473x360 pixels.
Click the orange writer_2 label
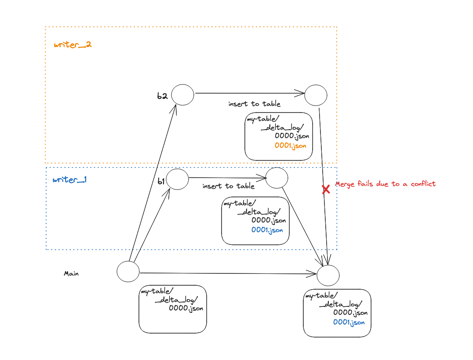point(73,45)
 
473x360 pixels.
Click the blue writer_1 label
point(69,180)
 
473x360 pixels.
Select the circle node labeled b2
point(182,95)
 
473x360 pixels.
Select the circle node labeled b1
point(177,179)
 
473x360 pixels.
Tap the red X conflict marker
point(326,189)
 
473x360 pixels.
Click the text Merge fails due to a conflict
point(385,184)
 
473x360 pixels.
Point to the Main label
point(71,273)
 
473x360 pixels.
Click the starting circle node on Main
point(128,271)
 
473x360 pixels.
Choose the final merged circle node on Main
point(328,275)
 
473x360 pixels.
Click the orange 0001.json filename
point(290,145)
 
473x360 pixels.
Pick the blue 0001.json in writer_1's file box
point(267,229)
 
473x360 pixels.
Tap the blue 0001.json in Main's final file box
point(349,322)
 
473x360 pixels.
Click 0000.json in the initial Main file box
point(186,308)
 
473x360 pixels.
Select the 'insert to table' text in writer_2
point(254,104)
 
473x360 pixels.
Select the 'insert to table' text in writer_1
point(228,186)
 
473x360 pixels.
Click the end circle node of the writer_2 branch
point(316,95)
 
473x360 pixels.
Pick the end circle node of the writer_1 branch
point(277,178)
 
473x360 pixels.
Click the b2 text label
point(163,96)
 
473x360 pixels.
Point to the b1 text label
point(160,181)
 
